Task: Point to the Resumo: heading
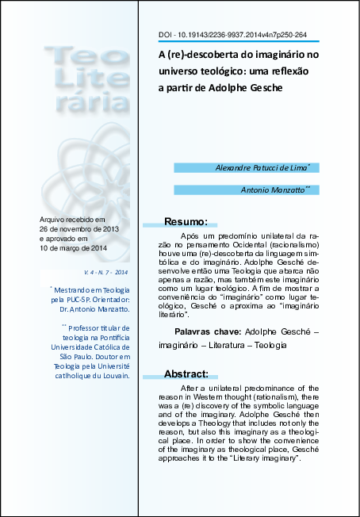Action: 186,221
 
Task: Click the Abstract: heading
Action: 186,373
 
